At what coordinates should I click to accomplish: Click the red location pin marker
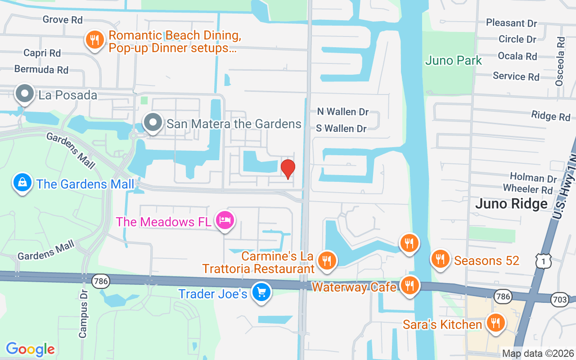point(288,169)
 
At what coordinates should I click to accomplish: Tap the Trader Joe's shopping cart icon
point(261,293)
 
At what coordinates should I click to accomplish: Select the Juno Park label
point(454,61)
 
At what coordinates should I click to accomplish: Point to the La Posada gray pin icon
point(25,94)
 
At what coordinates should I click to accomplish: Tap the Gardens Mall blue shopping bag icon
point(22,183)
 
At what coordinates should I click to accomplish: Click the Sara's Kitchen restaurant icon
point(495,323)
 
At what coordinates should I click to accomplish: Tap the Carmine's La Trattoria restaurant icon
point(327,261)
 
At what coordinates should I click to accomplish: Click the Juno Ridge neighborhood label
point(511,204)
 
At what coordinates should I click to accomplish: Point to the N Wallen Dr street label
point(343,112)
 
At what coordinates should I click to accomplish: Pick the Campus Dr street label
point(83,313)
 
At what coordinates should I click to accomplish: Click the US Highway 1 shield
point(544,261)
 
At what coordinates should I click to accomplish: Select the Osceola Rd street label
point(560,61)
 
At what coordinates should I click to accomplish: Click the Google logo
point(31,349)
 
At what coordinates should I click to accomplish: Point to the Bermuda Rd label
point(41,70)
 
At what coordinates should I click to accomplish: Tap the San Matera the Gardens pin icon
point(153,122)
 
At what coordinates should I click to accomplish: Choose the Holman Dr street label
point(533,178)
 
